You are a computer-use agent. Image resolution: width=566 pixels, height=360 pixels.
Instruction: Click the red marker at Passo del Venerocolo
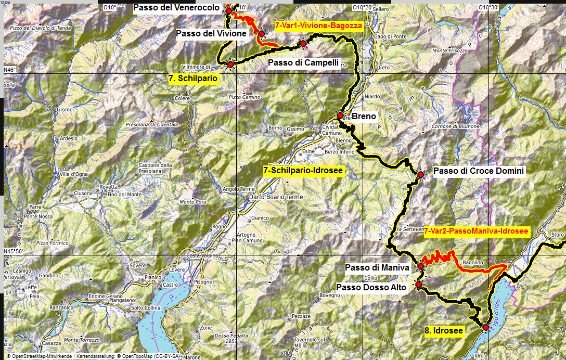pyautogui.click(x=229, y=10)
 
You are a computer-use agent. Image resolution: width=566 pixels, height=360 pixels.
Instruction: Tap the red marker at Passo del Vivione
pyautogui.click(x=261, y=34)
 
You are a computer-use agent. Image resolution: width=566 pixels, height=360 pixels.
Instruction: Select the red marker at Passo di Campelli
pyautogui.click(x=303, y=44)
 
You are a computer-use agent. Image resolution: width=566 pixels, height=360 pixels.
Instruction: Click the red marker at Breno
pyautogui.click(x=340, y=115)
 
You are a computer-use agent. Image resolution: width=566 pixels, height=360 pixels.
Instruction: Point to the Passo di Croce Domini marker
pyautogui.click(x=421, y=175)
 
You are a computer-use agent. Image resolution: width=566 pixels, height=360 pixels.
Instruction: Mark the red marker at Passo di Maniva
pyautogui.click(x=421, y=266)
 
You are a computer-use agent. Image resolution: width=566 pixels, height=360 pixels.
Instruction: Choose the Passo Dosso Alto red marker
pyautogui.click(x=418, y=285)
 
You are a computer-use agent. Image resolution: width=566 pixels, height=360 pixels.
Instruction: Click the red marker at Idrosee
pyautogui.click(x=485, y=327)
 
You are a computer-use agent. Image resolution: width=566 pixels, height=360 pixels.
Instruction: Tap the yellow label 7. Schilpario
pyautogui.click(x=193, y=78)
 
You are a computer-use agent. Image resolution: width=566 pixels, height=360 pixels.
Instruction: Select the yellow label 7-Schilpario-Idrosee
pyautogui.click(x=302, y=171)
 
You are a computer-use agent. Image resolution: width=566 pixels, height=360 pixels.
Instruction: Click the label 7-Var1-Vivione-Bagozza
pyautogui.click(x=318, y=25)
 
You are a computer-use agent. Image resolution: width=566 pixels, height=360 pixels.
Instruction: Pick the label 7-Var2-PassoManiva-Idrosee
pyautogui.click(x=477, y=231)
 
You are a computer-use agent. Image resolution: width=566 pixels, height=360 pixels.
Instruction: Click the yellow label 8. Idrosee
pyautogui.click(x=442, y=330)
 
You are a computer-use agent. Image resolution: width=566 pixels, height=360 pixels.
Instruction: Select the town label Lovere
pyautogui.click(x=177, y=270)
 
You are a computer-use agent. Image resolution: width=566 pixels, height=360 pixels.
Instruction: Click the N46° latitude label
pyautogui.click(x=10, y=70)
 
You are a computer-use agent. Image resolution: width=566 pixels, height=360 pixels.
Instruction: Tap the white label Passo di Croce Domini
pyautogui.click(x=479, y=171)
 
